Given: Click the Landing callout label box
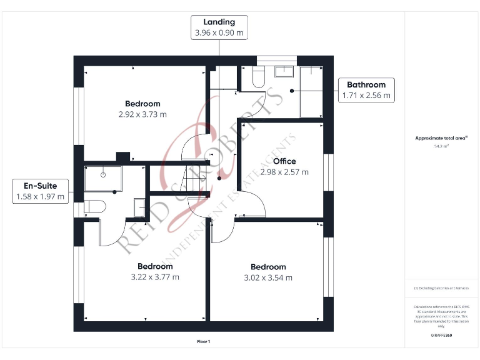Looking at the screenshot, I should [219, 28].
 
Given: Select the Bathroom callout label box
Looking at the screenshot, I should [366, 90].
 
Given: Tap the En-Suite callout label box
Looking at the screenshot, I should [40, 191].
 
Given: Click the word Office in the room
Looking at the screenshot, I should [284, 161].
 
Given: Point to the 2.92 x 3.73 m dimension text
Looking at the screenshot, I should [142, 114].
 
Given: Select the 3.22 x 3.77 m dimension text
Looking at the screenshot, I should [155, 277].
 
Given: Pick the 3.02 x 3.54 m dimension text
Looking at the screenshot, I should [268, 277].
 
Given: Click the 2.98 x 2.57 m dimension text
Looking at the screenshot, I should [284, 172].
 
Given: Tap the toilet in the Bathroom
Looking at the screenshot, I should [258, 77].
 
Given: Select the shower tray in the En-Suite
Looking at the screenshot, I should [102, 178].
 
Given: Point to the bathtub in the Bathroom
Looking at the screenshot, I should [311, 92].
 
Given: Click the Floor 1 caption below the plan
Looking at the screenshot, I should [204, 342].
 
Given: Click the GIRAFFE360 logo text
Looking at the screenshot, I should [441, 336].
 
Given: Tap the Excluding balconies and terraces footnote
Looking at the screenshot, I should [441, 288].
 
